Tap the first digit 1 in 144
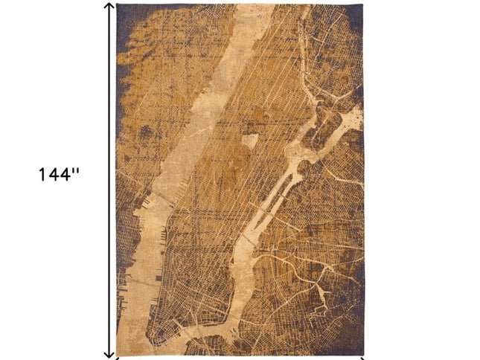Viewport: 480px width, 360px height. [44, 175]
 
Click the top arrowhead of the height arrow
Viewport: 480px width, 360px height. [109, 7]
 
